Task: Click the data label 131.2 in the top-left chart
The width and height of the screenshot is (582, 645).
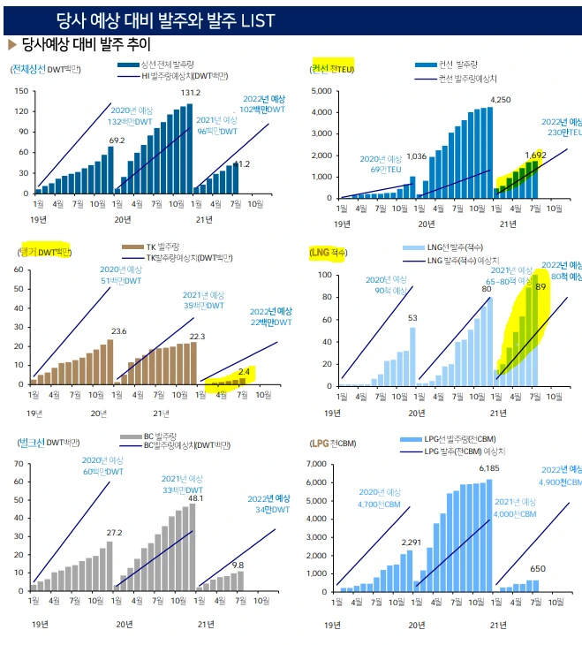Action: pyautogui.click(x=191, y=93)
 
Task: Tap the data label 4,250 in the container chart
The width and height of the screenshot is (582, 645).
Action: pyautogui.click(x=501, y=100)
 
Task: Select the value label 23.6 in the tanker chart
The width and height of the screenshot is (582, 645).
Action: pyautogui.click(x=118, y=331)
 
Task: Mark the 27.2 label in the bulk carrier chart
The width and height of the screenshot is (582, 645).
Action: pyautogui.click(x=114, y=533)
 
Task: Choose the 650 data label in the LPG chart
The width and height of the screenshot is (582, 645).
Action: pyautogui.click(x=536, y=569)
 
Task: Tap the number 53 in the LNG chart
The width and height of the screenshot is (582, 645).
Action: pyautogui.click(x=412, y=318)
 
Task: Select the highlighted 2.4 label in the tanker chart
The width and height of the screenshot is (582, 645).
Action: pyautogui.click(x=245, y=371)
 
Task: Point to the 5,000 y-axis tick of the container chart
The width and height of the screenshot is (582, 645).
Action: pyautogui.click(x=321, y=91)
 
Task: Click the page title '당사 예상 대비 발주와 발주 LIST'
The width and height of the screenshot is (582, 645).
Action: pyautogui.click(x=165, y=19)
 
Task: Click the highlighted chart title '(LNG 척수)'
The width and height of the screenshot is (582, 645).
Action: pyautogui.click(x=329, y=253)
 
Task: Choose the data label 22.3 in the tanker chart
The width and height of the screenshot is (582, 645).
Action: pyautogui.click(x=196, y=336)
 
